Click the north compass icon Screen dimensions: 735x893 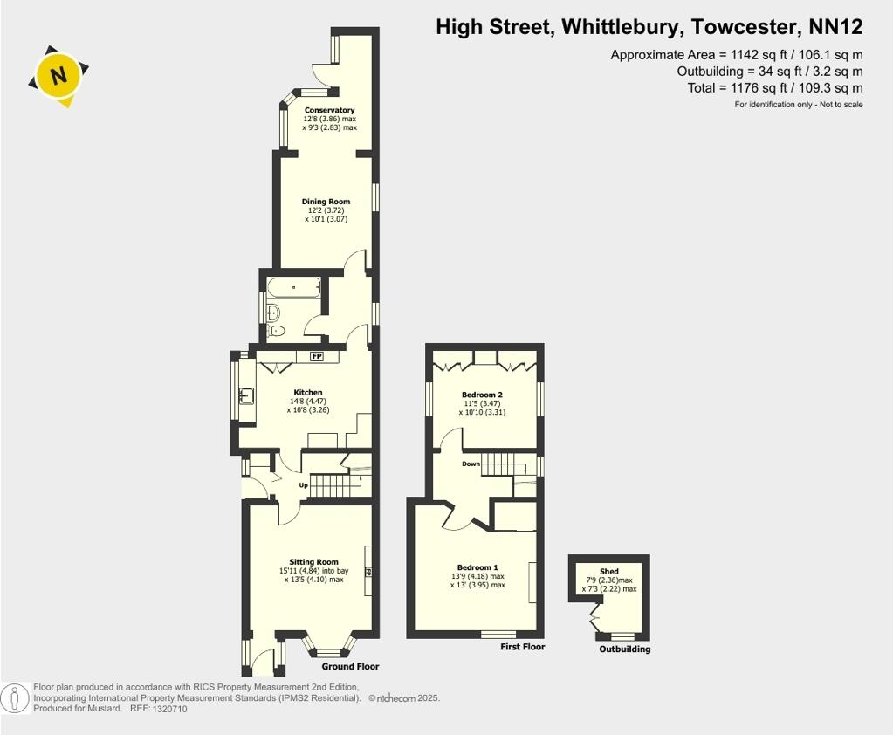coord(58,77)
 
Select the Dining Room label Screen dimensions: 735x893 coord(326,202)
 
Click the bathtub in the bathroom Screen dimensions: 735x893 coord(293,286)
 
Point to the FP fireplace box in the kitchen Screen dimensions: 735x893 coord(316,356)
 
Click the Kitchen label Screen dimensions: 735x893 coord(308,393)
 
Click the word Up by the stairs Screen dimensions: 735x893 coord(304,485)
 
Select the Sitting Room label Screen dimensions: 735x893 coord(313,562)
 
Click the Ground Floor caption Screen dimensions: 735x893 coord(356,667)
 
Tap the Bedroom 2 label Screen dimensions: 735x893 coord(482,395)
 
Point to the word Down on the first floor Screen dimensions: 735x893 coord(471,464)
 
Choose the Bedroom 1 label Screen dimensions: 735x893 coord(477,567)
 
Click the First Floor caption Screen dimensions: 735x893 coord(522,647)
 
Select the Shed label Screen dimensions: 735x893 coord(609,572)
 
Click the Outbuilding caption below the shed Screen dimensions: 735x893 coord(624,649)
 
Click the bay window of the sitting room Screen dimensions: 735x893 coord(329,648)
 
